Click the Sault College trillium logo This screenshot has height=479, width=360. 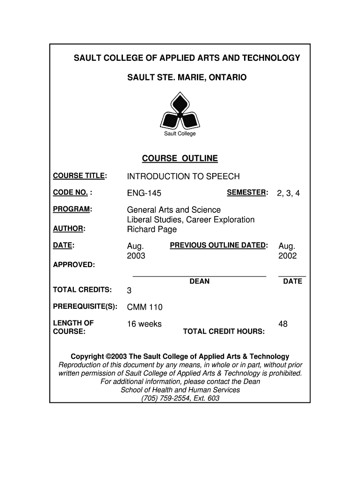[x=180, y=111]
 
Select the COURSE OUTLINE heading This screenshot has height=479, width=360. [x=180, y=159]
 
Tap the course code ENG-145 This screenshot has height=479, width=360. [x=144, y=193]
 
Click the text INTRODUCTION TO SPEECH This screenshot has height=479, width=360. [x=183, y=176]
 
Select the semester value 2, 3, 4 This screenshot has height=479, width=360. [x=288, y=193]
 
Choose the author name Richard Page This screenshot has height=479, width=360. [x=152, y=230]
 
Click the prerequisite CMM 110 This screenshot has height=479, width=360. [x=145, y=307]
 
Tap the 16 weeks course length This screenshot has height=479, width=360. [x=144, y=324]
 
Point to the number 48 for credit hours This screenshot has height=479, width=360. [x=283, y=324]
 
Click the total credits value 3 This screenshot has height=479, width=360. [x=130, y=291]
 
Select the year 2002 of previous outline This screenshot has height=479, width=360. [x=288, y=256]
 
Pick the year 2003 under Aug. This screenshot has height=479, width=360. [x=136, y=256]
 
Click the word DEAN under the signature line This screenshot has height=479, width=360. [x=199, y=282]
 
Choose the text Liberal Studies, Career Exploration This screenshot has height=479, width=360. [x=191, y=220]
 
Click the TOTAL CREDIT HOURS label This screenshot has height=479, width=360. [x=224, y=332]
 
